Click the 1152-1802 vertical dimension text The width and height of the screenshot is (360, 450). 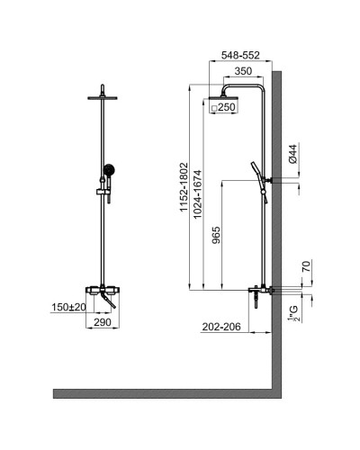[x=183, y=185]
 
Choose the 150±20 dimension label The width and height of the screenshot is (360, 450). [x=67, y=307]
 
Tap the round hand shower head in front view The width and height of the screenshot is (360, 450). [x=109, y=168]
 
